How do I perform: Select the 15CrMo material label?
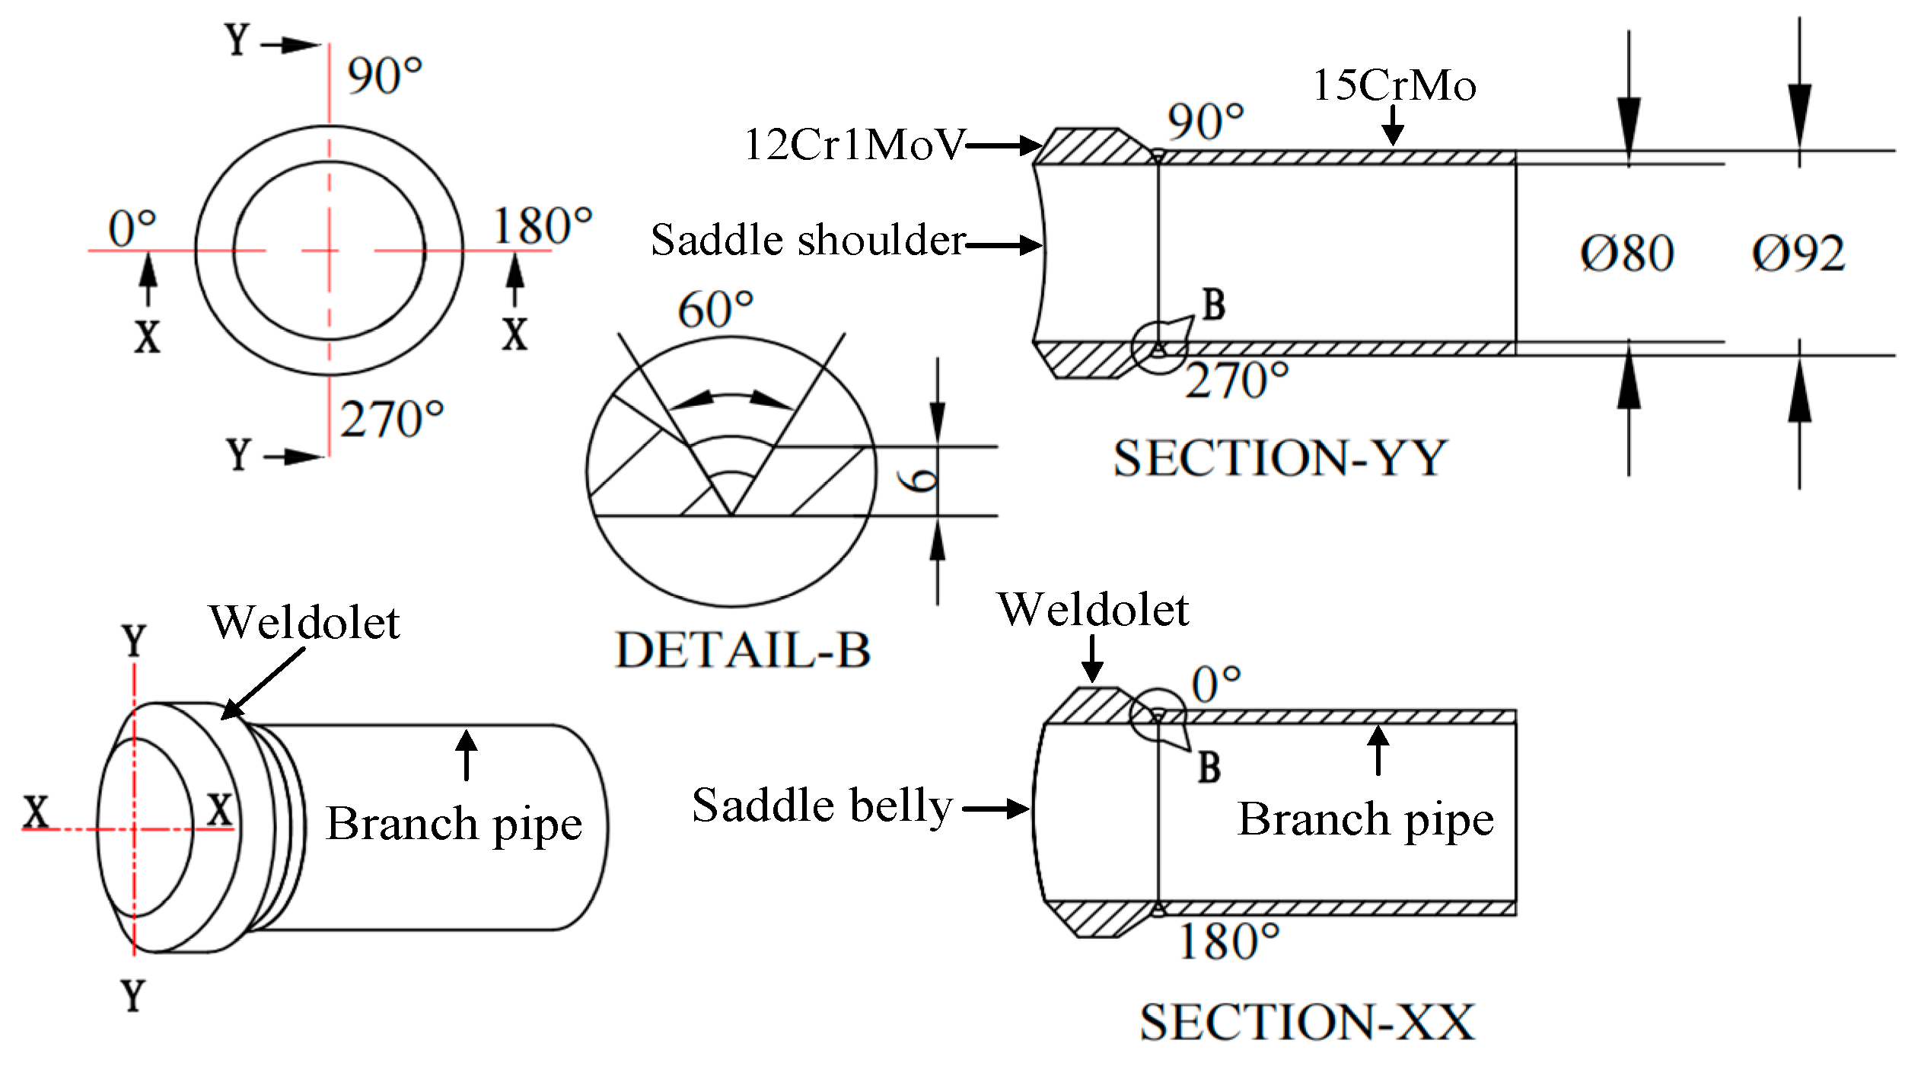[x=1394, y=85]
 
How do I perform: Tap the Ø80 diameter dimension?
[x=1626, y=254]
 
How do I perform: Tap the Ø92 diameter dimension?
[x=1798, y=254]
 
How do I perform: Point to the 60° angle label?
[x=715, y=310]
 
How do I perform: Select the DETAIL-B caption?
[x=743, y=651]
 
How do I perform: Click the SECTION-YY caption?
[x=1280, y=458]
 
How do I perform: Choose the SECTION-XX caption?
[x=1307, y=1022]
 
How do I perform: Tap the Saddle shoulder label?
[x=808, y=241]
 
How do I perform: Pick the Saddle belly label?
[x=822, y=806]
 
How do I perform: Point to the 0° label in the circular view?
[x=132, y=229]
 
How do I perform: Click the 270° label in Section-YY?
[x=1237, y=381]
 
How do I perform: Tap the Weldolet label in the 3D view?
[x=304, y=623]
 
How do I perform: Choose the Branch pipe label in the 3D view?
[x=454, y=824]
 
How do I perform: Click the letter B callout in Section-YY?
[x=1214, y=305]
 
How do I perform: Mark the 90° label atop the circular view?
[x=384, y=76]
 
